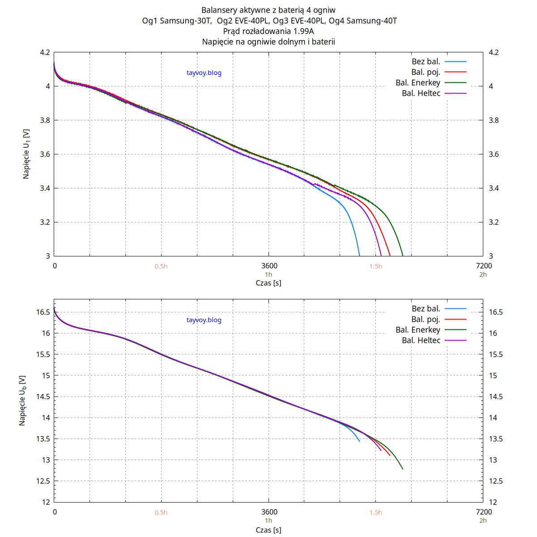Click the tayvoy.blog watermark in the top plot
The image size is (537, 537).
click(204, 73)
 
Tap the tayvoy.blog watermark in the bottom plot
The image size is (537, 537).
click(204, 320)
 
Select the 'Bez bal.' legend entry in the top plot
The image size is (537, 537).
click(426, 62)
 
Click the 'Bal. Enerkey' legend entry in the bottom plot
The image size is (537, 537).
click(418, 330)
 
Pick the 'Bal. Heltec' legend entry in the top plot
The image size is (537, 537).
click(421, 93)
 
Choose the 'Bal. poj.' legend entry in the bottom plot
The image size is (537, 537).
click(426, 319)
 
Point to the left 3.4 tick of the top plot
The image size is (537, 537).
click(45, 188)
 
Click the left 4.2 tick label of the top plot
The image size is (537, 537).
click(45, 52)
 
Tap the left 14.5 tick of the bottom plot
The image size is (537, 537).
click(43, 396)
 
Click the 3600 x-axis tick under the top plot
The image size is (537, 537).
click(269, 266)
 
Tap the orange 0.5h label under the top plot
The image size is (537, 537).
click(161, 266)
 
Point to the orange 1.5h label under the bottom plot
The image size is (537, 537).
click(376, 512)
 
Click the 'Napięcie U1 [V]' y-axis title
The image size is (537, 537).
click(26, 154)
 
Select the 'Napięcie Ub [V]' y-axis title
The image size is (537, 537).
click(22, 400)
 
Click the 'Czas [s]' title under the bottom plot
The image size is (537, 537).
click(268, 530)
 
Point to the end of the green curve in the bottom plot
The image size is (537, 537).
click(403, 469)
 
